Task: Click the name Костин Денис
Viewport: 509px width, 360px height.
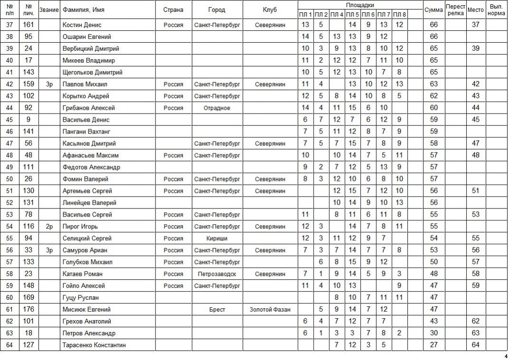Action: (82, 25)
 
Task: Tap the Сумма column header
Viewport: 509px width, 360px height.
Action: (433, 10)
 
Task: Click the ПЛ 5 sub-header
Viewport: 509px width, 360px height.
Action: (352, 15)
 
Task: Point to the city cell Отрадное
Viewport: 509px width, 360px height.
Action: (217, 108)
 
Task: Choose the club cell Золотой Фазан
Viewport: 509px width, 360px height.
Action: (270, 310)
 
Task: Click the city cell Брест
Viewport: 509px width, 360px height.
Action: (217, 310)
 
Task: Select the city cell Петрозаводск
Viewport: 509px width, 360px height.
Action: (217, 274)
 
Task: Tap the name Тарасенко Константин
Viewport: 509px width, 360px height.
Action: (94, 345)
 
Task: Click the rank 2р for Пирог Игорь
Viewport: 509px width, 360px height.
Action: (49, 227)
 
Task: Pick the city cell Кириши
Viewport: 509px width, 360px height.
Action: (217, 238)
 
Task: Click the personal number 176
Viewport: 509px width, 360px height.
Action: (29, 310)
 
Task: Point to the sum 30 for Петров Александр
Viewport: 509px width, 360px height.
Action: (433, 333)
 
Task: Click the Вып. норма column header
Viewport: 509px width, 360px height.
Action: (496, 10)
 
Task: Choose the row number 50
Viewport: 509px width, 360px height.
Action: (10, 179)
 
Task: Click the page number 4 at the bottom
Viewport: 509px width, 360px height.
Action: (506, 356)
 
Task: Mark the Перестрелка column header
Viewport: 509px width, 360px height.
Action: (456, 10)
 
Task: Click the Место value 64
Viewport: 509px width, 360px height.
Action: (475, 345)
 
